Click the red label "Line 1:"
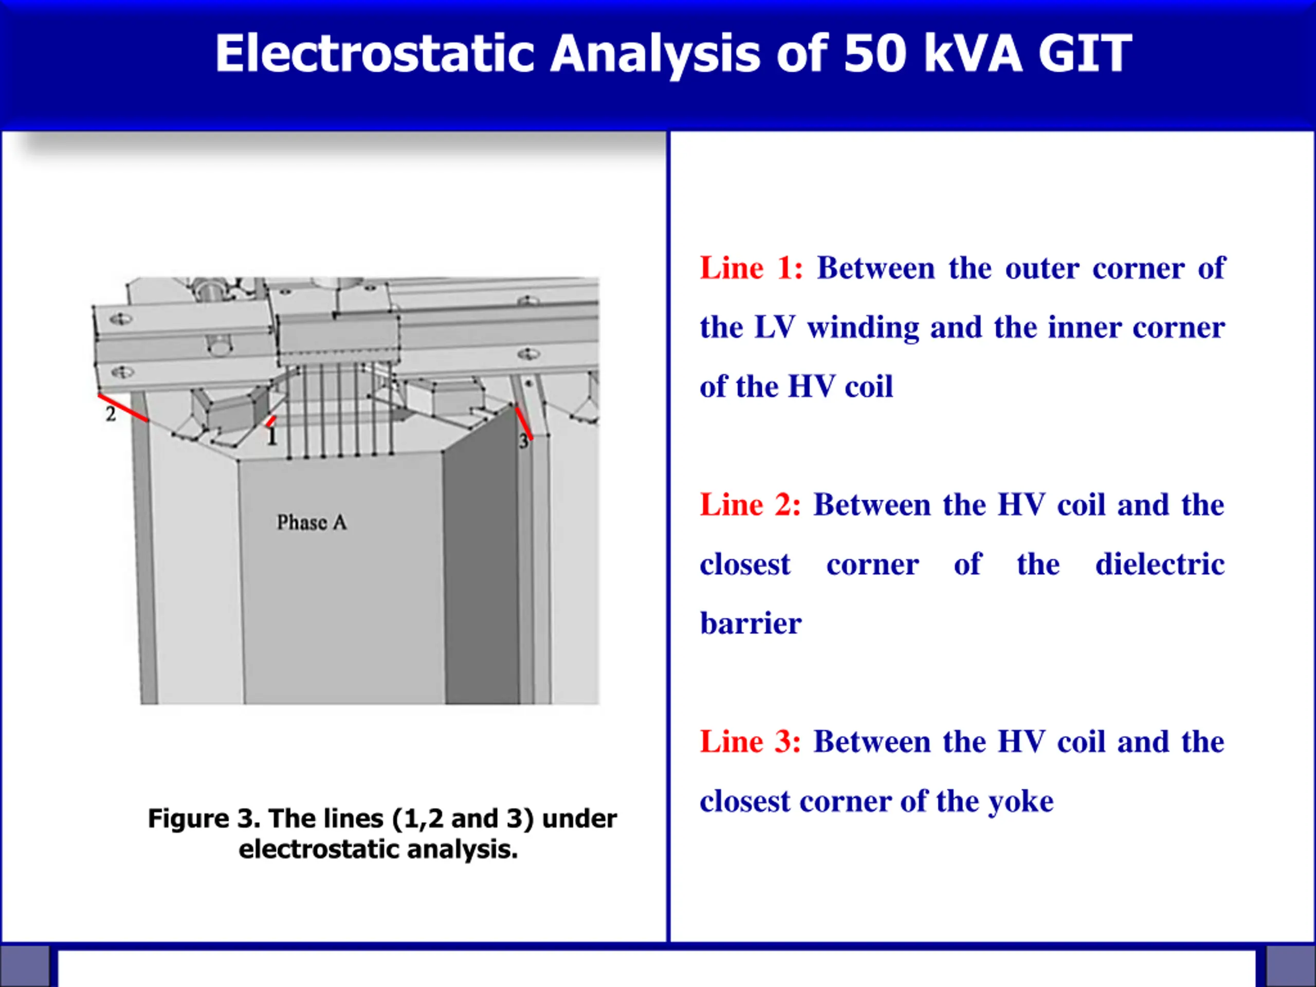click(x=752, y=268)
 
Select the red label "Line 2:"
click(x=750, y=505)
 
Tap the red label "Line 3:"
click(x=750, y=742)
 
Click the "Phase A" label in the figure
click(x=312, y=522)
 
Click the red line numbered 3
click(x=523, y=423)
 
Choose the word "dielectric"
click(x=1160, y=564)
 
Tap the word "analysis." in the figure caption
click(x=462, y=850)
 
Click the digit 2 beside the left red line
click(x=111, y=414)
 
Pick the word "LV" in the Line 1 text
click(x=775, y=328)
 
